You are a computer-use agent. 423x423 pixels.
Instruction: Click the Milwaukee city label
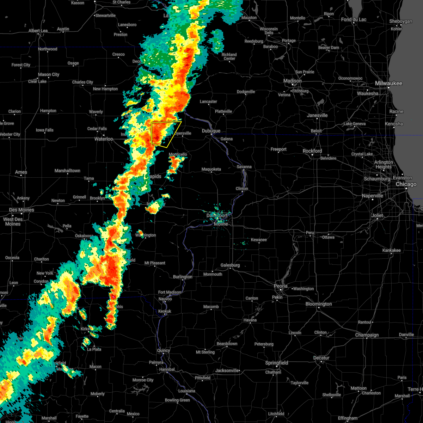388,83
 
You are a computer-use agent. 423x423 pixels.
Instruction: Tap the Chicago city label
406,184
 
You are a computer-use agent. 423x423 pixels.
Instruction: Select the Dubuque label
211,131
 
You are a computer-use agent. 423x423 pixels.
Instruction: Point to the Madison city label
293,81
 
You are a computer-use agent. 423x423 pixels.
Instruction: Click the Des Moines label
22,210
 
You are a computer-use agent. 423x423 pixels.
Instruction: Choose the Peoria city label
281,286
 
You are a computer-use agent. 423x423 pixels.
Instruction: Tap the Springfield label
277,363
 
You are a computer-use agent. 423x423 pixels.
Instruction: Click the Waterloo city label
104,139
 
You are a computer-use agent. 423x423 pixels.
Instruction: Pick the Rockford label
312,151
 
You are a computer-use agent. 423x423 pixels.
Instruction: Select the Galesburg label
230,265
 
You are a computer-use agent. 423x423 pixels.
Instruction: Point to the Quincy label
164,350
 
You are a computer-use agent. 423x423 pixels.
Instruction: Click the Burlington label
183,277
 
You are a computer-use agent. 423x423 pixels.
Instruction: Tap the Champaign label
367,335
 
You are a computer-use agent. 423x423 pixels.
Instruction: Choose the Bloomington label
319,304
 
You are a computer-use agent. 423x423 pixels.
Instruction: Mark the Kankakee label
392,250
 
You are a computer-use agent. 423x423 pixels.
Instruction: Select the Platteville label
223,111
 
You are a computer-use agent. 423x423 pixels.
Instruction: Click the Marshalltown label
67,171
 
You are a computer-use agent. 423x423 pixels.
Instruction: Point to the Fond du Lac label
354,19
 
